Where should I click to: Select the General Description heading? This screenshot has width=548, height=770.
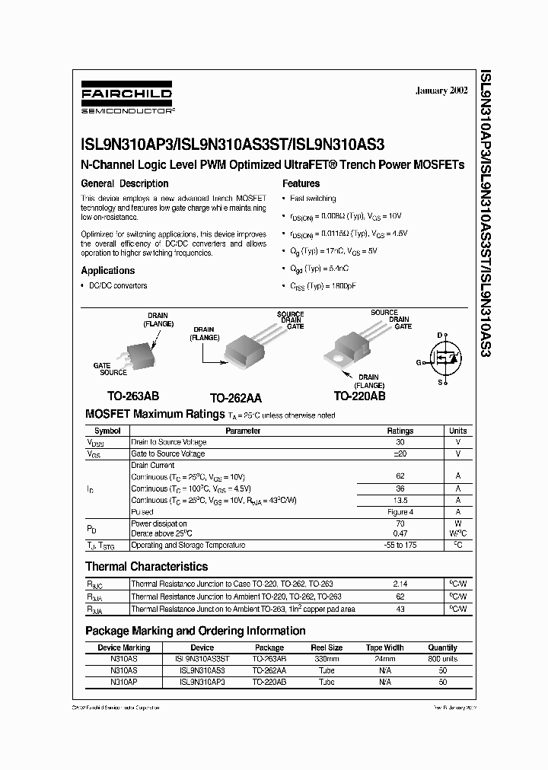coord(125,183)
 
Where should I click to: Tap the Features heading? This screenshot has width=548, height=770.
coord(301,183)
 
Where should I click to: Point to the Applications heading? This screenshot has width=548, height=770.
coord(108,270)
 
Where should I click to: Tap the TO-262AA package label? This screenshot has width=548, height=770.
coord(235,397)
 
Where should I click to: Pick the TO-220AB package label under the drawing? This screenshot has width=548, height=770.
coord(359,396)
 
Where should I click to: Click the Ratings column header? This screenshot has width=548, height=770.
coord(400,431)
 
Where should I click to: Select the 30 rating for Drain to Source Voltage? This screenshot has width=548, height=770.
coord(400,442)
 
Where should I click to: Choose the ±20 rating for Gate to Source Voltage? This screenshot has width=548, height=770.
coord(400,453)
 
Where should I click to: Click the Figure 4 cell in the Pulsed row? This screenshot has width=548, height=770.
coord(400,512)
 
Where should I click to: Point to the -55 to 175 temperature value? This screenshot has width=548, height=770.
coord(400,546)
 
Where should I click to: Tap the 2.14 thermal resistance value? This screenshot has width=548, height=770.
coord(400,584)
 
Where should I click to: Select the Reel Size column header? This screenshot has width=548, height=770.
coord(326,647)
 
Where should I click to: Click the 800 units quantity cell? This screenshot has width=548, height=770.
coord(443,659)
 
